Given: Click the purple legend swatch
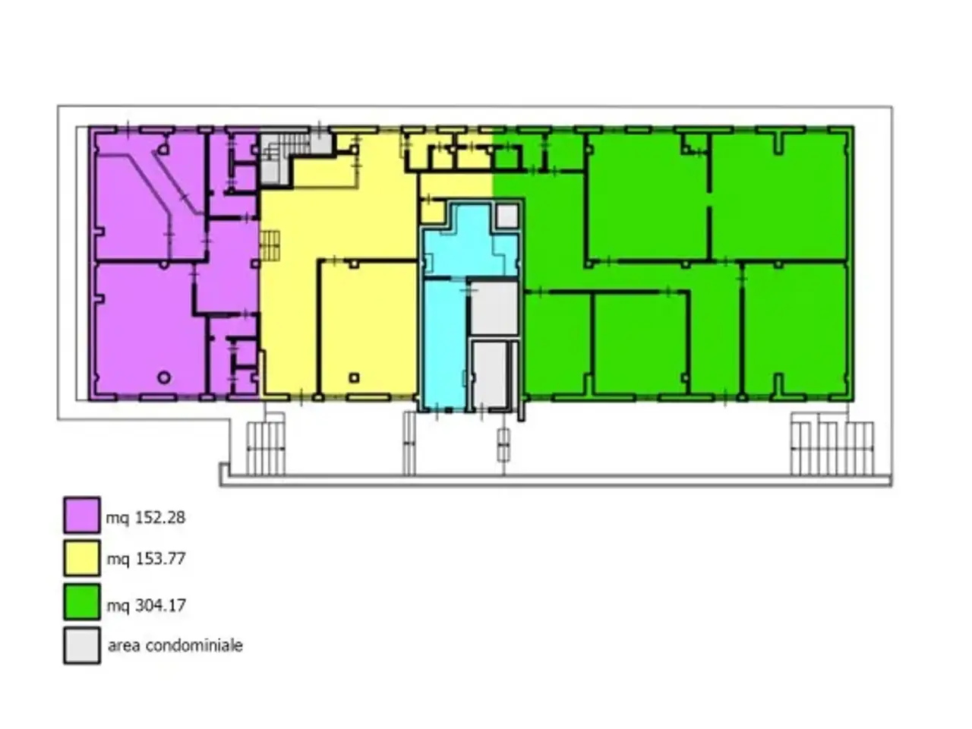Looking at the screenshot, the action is coord(82,515).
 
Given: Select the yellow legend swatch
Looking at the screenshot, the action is coord(82,558).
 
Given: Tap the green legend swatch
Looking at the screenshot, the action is coord(82,602).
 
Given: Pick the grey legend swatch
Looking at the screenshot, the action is coord(82,645).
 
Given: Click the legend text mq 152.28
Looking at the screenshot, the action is coord(146,517).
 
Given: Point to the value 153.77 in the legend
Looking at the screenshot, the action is coord(160,559).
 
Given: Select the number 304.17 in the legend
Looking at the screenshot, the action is coord(160,605).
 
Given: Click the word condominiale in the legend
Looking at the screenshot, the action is coord(194,645).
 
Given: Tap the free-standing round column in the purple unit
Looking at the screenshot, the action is coord(164,377).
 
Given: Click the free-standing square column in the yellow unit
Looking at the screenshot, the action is coord(354,377).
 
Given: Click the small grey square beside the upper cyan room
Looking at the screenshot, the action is coord(507,216).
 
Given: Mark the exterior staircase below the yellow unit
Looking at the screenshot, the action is coord(266,448).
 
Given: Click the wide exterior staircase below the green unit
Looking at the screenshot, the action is coord(832,448).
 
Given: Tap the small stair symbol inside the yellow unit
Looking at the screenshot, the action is coord(270,245).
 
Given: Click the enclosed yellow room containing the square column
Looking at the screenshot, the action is coord(368,327).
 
